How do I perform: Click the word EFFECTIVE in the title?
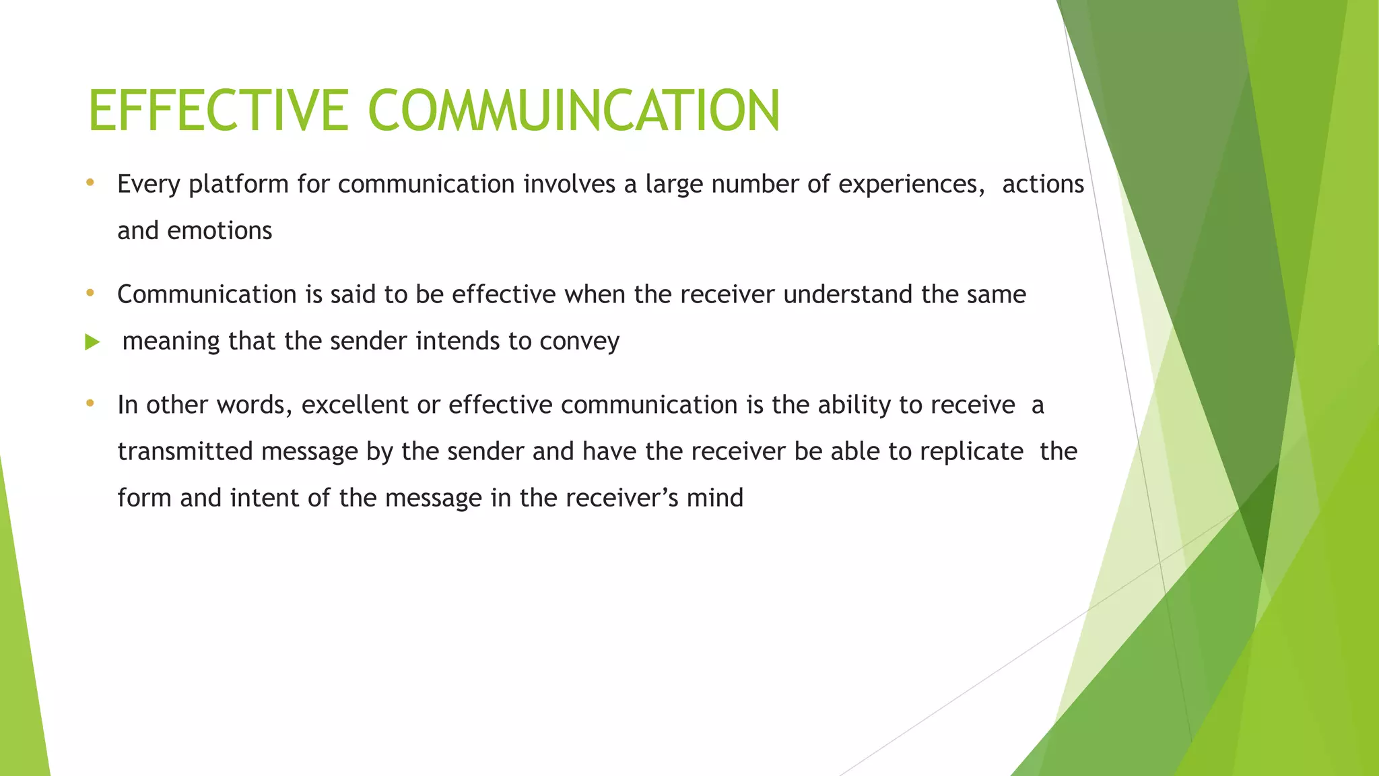218,110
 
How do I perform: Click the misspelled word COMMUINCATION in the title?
574,110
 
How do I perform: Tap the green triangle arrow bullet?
92,342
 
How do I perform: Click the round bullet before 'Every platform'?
90,183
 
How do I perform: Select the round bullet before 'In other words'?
90,403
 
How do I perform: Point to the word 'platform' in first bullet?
238,185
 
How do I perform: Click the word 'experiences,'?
912,185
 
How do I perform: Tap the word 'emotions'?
220,231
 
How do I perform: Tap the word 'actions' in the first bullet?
1043,185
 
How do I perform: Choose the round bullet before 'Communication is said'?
90,293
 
